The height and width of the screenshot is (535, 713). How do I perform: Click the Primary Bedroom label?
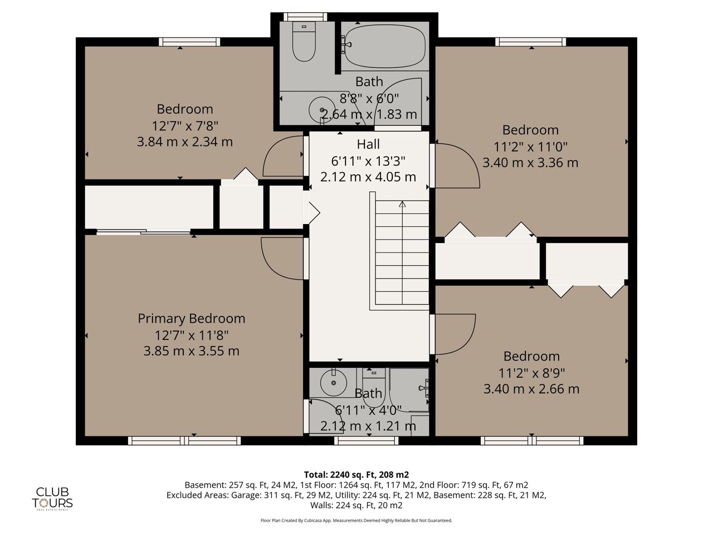coord(191,318)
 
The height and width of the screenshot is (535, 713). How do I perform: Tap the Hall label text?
coord(368,144)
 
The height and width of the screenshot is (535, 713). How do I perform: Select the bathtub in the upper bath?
coord(384,46)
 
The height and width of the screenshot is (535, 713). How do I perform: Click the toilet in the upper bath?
coord(304,41)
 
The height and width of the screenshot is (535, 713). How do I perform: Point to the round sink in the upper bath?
coord(321,110)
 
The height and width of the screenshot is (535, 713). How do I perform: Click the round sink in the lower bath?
coord(334,383)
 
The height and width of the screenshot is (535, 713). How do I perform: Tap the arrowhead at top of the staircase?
coord(402,205)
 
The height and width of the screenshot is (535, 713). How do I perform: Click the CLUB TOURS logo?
coord(52,499)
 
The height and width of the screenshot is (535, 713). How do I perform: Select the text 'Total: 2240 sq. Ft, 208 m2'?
coord(356,475)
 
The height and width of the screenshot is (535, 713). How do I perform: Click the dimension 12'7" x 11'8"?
coord(191,335)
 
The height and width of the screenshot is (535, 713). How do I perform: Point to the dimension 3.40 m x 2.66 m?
coord(531,389)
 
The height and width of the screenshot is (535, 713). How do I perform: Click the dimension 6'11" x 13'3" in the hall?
coord(368,161)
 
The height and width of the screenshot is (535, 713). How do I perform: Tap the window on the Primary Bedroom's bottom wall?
coord(184,440)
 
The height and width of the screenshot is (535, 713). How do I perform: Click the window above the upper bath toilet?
coord(305,17)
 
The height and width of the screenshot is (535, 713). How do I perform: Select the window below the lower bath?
coord(366,440)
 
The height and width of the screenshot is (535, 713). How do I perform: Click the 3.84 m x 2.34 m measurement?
coord(185,142)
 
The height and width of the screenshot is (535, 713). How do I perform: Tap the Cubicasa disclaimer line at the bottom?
coord(356,521)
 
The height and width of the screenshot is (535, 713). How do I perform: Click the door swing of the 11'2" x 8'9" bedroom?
coord(468,341)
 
